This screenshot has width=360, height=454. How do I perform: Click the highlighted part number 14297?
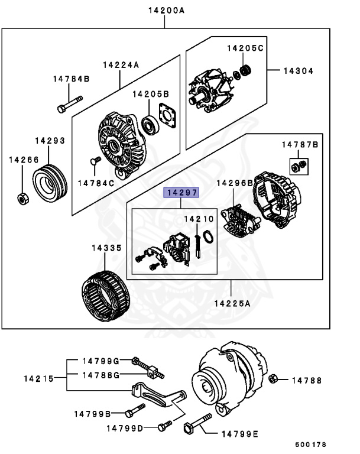(x=182, y=193)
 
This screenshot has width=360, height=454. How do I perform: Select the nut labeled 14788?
(x=273, y=379)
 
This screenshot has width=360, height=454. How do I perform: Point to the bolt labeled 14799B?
(x=135, y=411)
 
